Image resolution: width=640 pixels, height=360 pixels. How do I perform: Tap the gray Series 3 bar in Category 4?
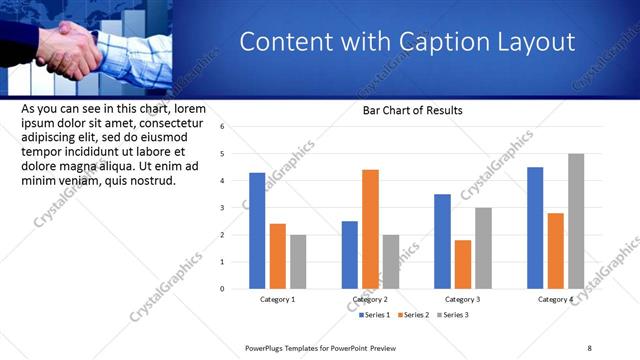pos(576,221)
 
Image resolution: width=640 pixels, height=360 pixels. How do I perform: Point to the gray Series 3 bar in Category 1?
pos(298,262)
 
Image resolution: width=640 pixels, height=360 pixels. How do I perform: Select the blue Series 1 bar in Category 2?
pos(349,255)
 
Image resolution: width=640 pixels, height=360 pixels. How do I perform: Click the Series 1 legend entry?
pos(375,315)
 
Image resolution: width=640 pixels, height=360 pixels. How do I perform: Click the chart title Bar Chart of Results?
pos(413,110)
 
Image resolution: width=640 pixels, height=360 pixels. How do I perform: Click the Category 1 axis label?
pos(278,299)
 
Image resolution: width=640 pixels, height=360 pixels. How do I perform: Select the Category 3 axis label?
pos(462,299)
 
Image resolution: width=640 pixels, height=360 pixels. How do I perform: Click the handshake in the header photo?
pos(72,47)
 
